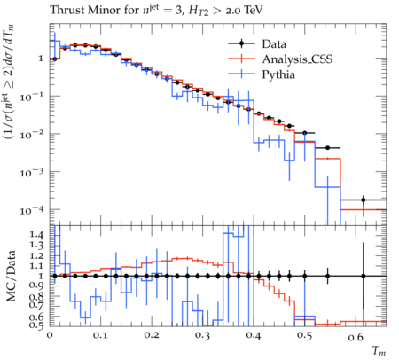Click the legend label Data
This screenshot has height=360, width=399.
coord(274,44)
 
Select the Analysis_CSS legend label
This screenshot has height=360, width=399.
coord(297,59)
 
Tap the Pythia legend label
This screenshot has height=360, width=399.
coord(278,74)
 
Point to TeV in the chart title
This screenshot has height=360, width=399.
coord(253,10)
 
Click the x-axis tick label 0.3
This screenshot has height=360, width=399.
coord(203,336)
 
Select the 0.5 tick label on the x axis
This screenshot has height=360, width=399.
coord(305,336)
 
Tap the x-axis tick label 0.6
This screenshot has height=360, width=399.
coord(356,336)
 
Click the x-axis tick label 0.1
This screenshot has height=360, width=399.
coord(100,336)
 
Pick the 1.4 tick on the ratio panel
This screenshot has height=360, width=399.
coord(36,235)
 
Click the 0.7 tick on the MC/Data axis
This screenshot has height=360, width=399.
coord(36,304)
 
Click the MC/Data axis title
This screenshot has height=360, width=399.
coord(11,276)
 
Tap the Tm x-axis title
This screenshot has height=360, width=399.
coord(379,351)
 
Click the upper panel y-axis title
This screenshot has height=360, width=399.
coord(9,82)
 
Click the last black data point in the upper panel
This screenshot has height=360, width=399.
coord(364,200)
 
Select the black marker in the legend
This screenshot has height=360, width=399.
coord(241,43)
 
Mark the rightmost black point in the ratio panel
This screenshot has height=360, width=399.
coord(364,276)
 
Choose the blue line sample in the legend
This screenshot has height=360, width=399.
coord(241,74)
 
